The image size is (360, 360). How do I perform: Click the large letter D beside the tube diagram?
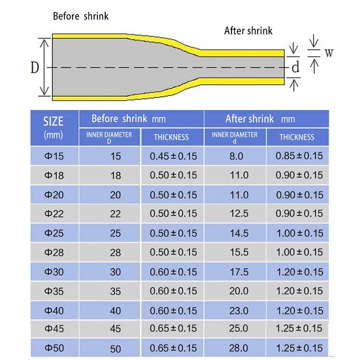click(x=35, y=67)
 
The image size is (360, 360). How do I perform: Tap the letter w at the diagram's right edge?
click(x=328, y=53)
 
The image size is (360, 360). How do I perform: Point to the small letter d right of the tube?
click(x=295, y=67)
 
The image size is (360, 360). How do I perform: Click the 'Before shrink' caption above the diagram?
click(x=81, y=16)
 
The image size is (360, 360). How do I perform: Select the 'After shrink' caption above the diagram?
click(x=248, y=31)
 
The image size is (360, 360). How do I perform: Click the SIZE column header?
click(x=53, y=121)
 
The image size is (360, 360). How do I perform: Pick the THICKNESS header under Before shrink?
click(x=171, y=137)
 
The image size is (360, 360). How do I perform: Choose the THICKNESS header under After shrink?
click(x=297, y=137)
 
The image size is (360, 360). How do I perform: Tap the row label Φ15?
click(x=54, y=156)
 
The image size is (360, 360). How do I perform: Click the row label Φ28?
click(x=54, y=252)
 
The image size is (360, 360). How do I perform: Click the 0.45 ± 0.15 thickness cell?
click(x=173, y=156)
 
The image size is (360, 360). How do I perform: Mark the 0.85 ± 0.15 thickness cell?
click(x=299, y=156)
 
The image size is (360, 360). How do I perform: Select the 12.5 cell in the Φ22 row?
click(x=239, y=213)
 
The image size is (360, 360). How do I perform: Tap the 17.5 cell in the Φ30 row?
click(x=239, y=272)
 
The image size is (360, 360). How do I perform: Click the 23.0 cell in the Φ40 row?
click(x=239, y=311)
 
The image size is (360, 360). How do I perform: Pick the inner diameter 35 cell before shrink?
click(x=115, y=291)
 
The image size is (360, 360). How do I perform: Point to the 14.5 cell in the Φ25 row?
click(x=239, y=233)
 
